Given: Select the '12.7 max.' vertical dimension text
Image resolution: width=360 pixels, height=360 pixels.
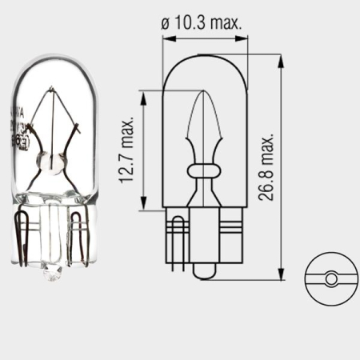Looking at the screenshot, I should (126, 152).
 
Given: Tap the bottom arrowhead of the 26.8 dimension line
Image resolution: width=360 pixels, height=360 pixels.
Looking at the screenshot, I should (282, 276).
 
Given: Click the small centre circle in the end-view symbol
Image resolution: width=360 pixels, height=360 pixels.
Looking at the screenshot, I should (330, 279).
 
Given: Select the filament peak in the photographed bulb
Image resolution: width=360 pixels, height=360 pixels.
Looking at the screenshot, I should (53, 93).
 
